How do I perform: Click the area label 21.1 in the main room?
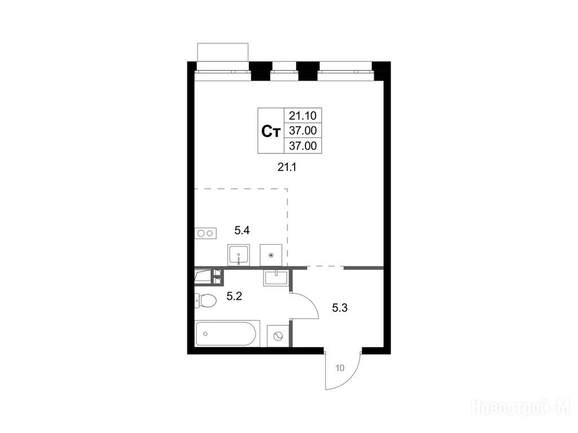coord(287,167)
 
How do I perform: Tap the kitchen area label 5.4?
coord(242,231)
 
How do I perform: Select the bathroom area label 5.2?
coord(234,295)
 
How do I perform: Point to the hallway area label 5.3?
coord(339,307)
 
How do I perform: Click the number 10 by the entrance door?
coord(340,368)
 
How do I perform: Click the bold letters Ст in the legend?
coord(271,131)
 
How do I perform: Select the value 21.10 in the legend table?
coord(303,116)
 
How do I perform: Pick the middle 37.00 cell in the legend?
coord(303,130)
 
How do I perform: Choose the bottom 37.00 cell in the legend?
coord(303,146)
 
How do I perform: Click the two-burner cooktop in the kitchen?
coord(205,233)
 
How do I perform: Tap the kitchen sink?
coord(239,255)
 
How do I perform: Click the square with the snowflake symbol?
coord(271,255)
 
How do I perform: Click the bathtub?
coord(226,334)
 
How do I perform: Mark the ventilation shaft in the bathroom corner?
coord(209,277)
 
